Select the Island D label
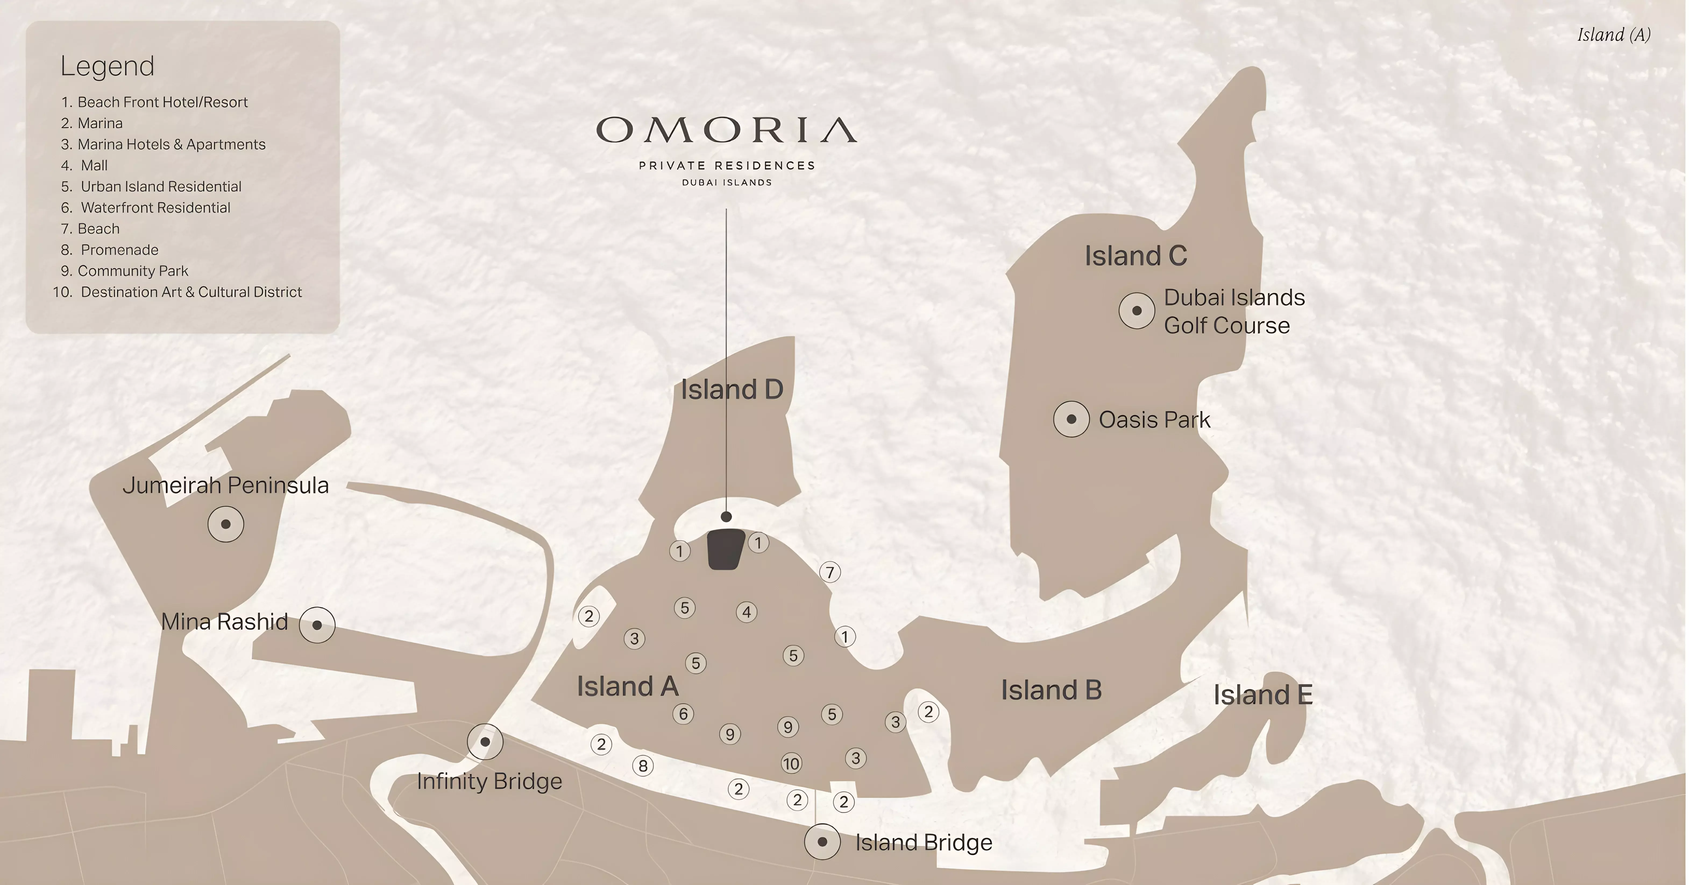[732, 390]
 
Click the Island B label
[1051, 690]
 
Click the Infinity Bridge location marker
[485, 742]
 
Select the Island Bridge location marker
[822, 842]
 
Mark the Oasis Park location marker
[1071, 419]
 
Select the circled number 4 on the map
[746, 612]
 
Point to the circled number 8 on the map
[643, 765]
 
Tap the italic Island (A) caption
[1614, 35]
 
